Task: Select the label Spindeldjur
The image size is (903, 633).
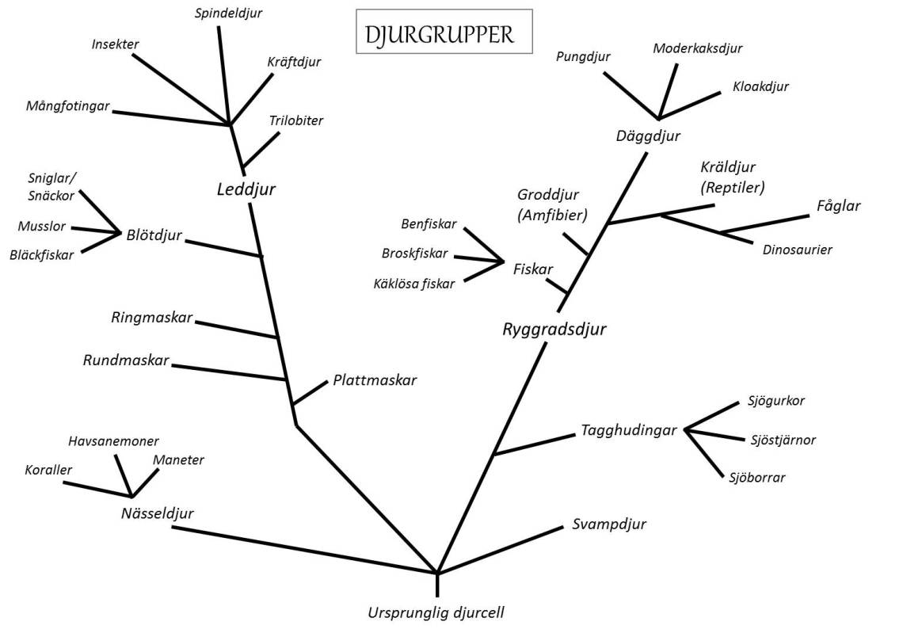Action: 228,13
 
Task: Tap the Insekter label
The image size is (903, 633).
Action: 115,44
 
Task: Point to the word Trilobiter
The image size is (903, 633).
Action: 296,120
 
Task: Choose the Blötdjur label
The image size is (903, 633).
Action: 154,235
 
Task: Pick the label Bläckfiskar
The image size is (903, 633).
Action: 42,255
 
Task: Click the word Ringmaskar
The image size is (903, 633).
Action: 152,318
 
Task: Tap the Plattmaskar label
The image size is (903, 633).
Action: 375,380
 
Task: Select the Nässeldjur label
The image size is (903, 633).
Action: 158,513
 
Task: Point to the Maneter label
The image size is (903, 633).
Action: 178,460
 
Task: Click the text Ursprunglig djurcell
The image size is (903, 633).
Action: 436,612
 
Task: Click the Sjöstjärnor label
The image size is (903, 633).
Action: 783,440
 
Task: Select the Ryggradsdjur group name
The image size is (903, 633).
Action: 554,329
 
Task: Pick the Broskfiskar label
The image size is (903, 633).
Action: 415,254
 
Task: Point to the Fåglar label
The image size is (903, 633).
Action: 838,206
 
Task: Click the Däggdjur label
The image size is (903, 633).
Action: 648,136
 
